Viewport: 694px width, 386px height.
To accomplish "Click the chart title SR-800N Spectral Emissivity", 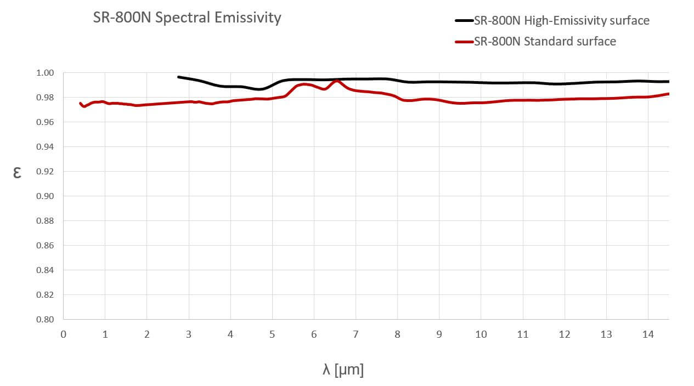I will [187, 18].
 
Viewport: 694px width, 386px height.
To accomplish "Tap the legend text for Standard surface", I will [545, 41].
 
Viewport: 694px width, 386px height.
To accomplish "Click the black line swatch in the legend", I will [464, 21].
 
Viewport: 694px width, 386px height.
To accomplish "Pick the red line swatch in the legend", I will [464, 41].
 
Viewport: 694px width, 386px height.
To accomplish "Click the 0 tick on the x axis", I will [64, 334].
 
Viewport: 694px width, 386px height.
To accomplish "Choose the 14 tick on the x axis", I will [648, 334].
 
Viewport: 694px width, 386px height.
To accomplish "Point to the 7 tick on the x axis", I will [356, 334].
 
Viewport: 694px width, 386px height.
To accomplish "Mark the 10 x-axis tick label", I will [481, 334].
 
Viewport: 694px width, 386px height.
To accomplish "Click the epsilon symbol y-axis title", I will [17, 173].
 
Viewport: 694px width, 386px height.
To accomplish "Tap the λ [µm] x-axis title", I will [343, 370].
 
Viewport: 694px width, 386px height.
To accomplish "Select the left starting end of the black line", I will [178, 77].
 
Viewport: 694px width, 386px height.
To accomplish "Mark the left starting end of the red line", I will [81, 103].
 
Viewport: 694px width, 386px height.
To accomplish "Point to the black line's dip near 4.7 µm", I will [259, 89].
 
